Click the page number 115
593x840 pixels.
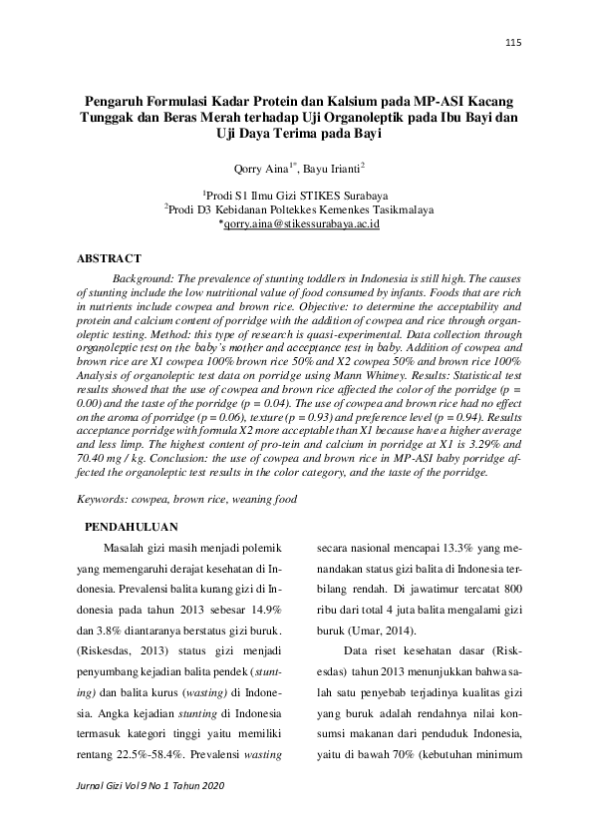click(x=513, y=42)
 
